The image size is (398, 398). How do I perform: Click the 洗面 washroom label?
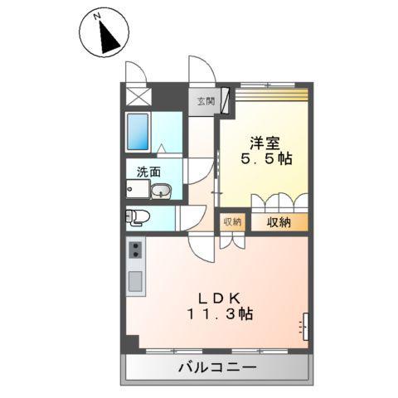pos(149,174)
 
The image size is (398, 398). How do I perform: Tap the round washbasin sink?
pos(163,192)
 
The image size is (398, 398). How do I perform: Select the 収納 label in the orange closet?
pos(279,222)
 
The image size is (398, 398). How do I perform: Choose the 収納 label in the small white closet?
pos(232,221)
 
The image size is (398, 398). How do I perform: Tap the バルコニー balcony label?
pos(217,367)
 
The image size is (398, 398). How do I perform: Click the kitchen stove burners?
pos(135,250)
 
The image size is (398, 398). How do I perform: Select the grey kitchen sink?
pos(135,279)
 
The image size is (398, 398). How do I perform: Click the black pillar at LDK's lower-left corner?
pos(132,342)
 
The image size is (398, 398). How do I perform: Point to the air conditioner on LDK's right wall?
pos(305,326)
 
